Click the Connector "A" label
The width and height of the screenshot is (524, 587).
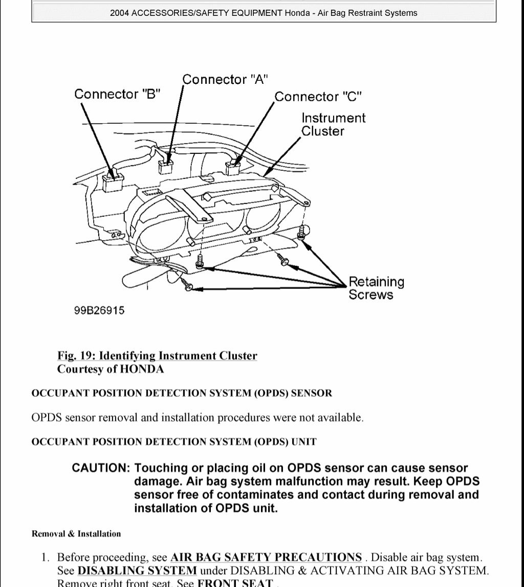pyautogui.click(x=225, y=79)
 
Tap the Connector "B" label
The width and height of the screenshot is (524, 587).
pyautogui.click(x=118, y=94)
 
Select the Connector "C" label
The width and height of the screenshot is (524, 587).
pyautogui.click(x=318, y=97)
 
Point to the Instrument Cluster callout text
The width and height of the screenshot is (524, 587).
pyautogui.click(x=333, y=124)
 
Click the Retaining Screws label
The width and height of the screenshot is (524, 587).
pyautogui.click(x=376, y=288)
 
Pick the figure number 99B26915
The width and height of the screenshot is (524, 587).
pyautogui.click(x=99, y=310)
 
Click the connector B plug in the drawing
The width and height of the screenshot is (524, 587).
pyautogui.click(x=113, y=180)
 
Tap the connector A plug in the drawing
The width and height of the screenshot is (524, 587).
pyautogui.click(x=166, y=166)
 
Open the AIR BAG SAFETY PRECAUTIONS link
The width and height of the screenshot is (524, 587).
pyautogui.click(x=266, y=557)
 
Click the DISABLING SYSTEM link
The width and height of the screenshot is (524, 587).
pyautogui.click(x=137, y=570)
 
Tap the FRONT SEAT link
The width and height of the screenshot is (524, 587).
pyautogui.click(x=235, y=583)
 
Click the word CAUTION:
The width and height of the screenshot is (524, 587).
pyautogui.click(x=101, y=468)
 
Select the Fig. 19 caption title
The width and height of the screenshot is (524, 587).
pyautogui.click(x=157, y=356)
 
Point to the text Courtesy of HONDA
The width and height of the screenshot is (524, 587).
pyautogui.click(x=110, y=369)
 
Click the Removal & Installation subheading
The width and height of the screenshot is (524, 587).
pyautogui.click(x=76, y=534)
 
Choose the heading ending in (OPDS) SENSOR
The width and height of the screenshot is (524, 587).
pyautogui.click(x=182, y=393)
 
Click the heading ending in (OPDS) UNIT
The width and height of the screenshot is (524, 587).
pyautogui.click(x=174, y=441)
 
